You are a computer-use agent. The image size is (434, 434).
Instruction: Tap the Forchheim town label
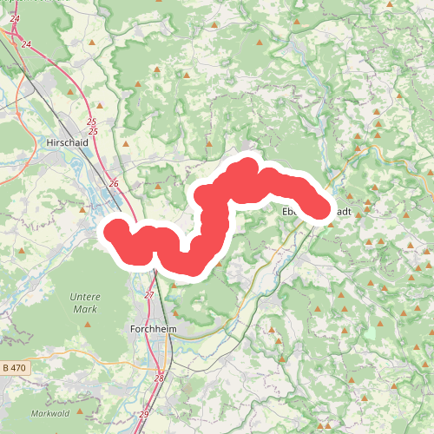[x=153, y=330]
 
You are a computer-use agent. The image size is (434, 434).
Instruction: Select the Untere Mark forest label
[x=84, y=302]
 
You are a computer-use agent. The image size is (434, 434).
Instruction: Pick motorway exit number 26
[x=114, y=184]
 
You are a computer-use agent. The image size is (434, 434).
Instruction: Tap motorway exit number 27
[x=148, y=295]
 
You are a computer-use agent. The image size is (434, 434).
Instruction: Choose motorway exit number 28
[x=159, y=378]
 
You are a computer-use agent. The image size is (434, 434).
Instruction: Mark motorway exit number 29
[x=143, y=413]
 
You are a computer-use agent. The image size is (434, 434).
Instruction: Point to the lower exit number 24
[x=26, y=43]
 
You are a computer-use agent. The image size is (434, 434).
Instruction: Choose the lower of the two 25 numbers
[x=94, y=131]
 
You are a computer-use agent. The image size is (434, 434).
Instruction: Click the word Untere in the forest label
[x=84, y=297]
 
